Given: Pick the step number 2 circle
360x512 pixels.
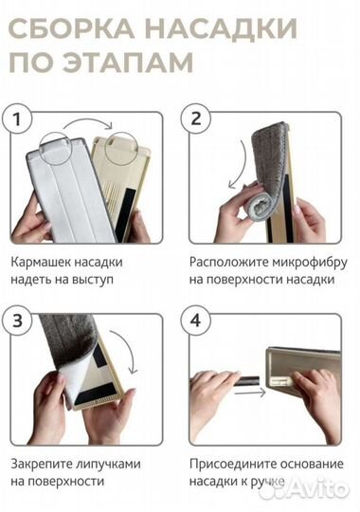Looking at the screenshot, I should (x=197, y=120).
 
